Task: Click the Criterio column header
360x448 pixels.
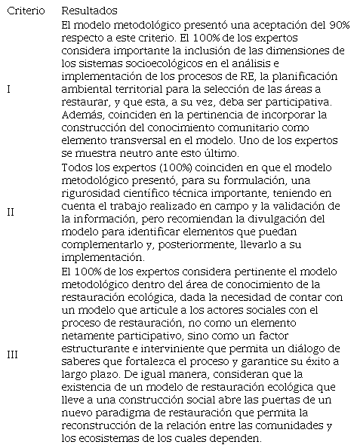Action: point(24,12)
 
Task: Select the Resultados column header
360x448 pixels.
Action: point(88,12)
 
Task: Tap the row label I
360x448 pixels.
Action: point(8,89)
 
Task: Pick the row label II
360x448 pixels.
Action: point(11,212)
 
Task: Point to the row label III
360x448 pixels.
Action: point(12,354)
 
